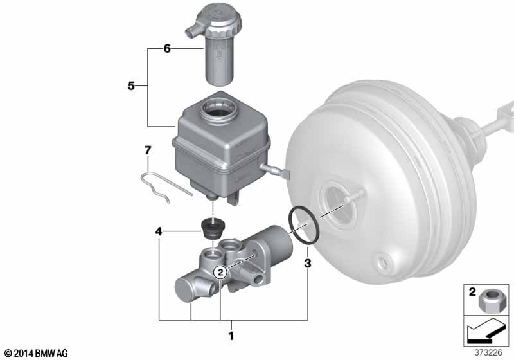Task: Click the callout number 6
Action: [167, 49]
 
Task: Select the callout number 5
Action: [131, 86]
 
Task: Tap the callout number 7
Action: [148, 150]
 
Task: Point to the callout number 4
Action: [159, 232]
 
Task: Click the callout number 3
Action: [308, 263]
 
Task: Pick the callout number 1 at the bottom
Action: [231, 336]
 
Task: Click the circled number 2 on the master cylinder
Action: [220, 272]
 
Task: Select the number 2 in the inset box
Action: [472, 291]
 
